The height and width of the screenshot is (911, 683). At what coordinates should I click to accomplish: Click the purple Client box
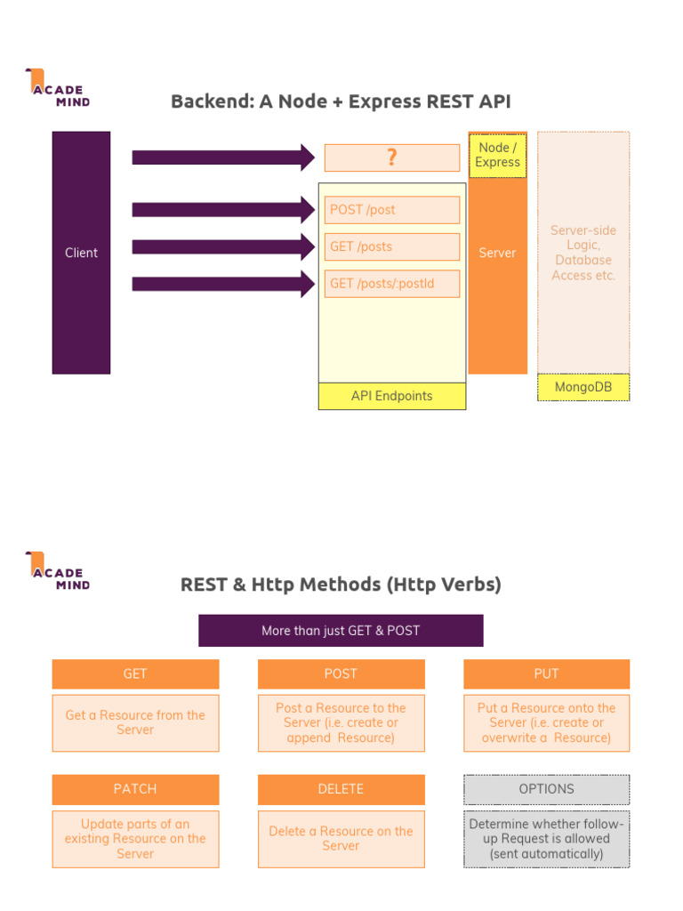[81, 253]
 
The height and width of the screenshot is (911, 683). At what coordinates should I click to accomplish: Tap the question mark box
[391, 157]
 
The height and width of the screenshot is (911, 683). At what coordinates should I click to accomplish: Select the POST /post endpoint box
[391, 210]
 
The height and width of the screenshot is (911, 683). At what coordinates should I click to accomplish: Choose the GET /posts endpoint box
[391, 246]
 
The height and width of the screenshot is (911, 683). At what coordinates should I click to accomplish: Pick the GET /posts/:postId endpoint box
[391, 284]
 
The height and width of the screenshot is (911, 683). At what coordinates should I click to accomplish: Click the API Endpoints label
[391, 396]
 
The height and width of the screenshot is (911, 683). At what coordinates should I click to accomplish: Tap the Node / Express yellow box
[497, 156]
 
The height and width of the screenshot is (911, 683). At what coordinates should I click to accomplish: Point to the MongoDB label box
[583, 387]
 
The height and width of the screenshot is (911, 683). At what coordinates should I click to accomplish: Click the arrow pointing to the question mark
[222, 157]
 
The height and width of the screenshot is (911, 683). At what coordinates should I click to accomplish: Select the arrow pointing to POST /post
[222, 210]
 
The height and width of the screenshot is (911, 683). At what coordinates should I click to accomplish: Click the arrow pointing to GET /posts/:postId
[222, 284]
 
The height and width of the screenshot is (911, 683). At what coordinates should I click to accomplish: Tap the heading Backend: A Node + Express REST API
[341, 101]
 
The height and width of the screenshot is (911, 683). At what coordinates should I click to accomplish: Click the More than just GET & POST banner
[341, 631]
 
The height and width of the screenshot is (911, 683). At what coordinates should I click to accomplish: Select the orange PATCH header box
[135, 789]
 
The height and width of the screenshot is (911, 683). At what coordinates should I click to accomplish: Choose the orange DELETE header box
[341, 789]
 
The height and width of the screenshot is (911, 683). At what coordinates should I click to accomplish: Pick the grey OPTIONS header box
[546, 789]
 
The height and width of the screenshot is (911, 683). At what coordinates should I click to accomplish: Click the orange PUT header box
[546, 674]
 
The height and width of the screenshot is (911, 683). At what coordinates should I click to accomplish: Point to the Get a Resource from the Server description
[135, 722]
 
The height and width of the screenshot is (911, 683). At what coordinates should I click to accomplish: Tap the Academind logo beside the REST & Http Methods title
[57, 571]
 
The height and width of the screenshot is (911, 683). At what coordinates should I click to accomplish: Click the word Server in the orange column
[497, 253]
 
